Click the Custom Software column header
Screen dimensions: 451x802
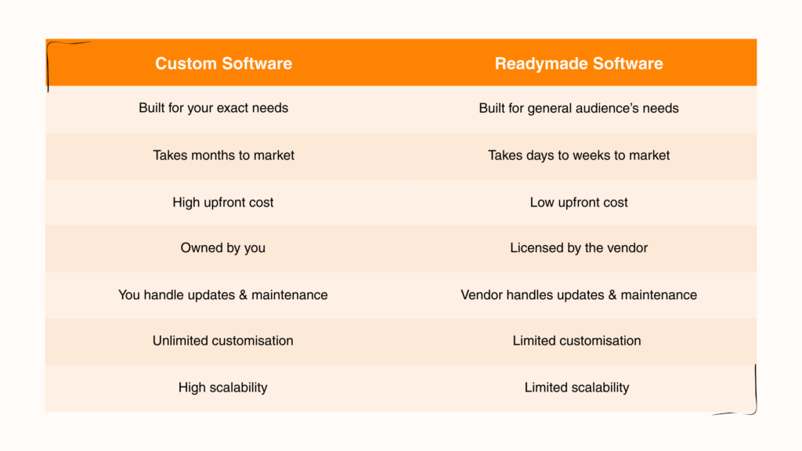pyautogui.click(x=223, y=63)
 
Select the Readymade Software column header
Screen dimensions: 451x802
pyautogui.click(x=579, y=63)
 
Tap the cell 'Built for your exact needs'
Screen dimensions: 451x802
pyautogui.click(x=214, y=108)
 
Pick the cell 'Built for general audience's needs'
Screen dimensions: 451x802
pyautogui.click(x=579, y=108)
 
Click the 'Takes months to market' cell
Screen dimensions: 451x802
pyautogui.click(x=223, y=155)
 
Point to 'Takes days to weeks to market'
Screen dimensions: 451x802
pyautogui.click(x=579, y=155)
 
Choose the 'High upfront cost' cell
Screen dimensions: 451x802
pyautogui.click(x=223, y=202)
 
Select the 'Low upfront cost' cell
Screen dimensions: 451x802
pyautogui.click(x=579, y=202)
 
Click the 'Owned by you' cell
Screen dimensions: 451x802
pyautogui.click(x=223, y=248)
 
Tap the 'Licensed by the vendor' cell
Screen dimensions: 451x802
pyautogui.click(x=579, y=248)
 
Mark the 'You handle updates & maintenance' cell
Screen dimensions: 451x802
pyautogui.click(x=223, y=295)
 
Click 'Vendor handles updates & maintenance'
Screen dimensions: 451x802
pyautogui.click(x=579, y=295)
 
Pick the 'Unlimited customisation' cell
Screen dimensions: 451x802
pyautogui.click(x=223, y=341)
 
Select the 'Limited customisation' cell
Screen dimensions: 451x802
pyautogui.click(x=577, y=341)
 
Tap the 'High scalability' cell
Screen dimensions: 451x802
pyautogui.click(x=223, y=387)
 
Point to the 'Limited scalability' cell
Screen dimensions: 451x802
pyautogui.click(x=577, y=387)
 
